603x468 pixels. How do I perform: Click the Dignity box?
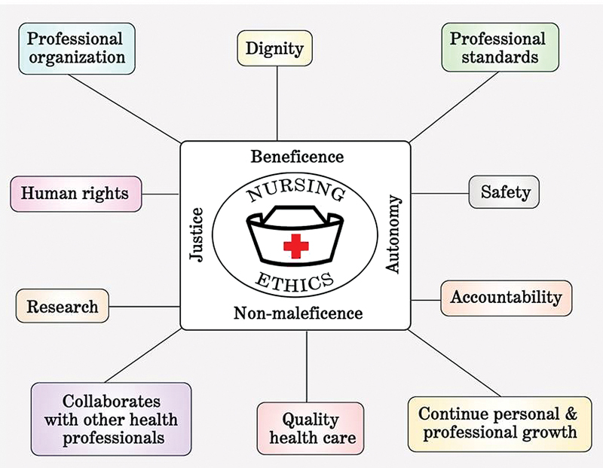(x=274, y=49)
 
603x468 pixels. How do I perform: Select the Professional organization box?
(x=77, y=47)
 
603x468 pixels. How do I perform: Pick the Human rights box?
(x=75, y=193)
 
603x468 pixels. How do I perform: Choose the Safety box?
(x=506, y=192)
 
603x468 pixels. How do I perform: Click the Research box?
(x=63, y=307)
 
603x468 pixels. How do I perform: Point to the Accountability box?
(x=507, y=297)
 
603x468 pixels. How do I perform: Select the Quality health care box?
(x=311, y=428)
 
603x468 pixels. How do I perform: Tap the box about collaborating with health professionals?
(x=111, y=418)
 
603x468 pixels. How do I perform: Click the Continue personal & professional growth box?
(x=498, y=423)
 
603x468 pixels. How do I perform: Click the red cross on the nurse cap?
(x=295, y=245)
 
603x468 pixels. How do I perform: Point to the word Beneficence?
(x=297, y=157)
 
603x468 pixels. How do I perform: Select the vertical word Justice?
(x=197, y=234)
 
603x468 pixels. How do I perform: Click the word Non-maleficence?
(x=298, y=312)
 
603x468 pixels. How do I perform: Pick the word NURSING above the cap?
(x=295, y=192)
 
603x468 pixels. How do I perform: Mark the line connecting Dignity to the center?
(x=277, y=102)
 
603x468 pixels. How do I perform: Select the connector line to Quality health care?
(x=307, y=366)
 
